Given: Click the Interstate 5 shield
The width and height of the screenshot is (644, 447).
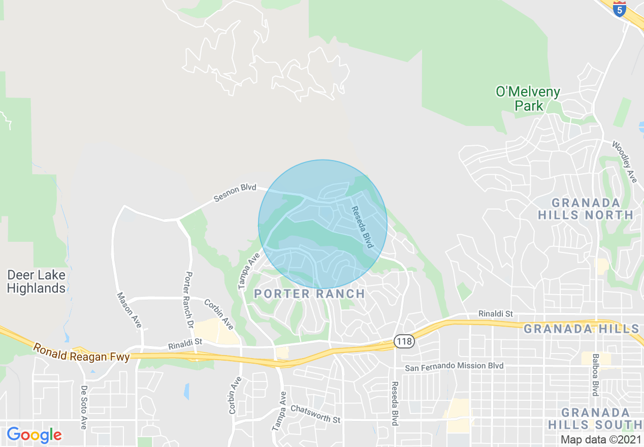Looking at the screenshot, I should point(619,9).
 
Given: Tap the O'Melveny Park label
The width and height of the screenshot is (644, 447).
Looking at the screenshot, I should point(528,99).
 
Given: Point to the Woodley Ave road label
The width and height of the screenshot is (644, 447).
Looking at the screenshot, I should point(624,162).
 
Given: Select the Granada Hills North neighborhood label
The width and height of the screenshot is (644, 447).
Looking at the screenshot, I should point(586,209).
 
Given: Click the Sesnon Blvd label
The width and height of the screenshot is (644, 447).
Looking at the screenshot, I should point(235,193).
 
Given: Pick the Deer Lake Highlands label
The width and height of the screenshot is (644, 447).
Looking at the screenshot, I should point(36,282).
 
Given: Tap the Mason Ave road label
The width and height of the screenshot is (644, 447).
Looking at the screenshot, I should point(129,310).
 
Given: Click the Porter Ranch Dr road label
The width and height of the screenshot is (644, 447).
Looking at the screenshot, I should point(188,300).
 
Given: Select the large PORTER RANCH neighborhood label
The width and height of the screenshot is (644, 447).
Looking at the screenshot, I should point(309,294).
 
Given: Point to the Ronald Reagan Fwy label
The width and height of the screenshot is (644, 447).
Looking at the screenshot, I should point(82,352).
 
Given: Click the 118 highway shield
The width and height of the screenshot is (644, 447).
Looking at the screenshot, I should point(405,341).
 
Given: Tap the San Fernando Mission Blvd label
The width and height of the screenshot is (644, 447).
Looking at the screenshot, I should point(454,366).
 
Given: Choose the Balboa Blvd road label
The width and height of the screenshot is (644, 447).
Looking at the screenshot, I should point(595,375).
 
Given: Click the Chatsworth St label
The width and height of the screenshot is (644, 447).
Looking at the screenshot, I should point(315,414).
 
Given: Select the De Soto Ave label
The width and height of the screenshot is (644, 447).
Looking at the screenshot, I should point(84,406).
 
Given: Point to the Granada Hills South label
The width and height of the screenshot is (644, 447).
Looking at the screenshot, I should point(602,418).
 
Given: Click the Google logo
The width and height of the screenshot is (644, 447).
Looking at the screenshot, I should point(34,435).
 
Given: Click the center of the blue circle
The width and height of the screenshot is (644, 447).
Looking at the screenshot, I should point(323,224).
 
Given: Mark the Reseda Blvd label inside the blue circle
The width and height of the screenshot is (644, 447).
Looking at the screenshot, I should point(364,227).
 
